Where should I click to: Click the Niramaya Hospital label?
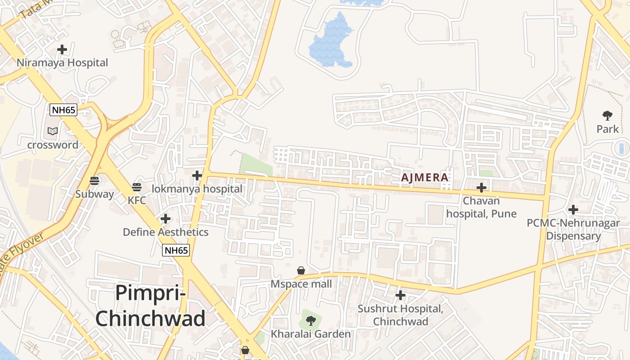click(x=63, y=63)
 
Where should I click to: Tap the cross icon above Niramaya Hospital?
click(x=62, y=49)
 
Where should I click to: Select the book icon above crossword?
click(x=53, y=131)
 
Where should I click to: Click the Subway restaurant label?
click(x=94, y=194)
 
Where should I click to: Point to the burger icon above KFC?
click(x=137, y=187)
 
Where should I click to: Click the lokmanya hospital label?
click(x=197, y=189)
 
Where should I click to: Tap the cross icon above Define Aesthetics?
click(x=166, y=219)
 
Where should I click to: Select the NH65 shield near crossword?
click(x=63, y=110)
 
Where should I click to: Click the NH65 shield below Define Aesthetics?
click(x=176, y=251)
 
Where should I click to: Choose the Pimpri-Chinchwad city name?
click(x=150, y=306)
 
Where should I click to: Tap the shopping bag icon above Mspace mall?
click(x=301, y=270)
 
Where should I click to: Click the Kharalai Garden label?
click(x=310, y=334)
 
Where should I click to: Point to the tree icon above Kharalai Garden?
click(x=310, y=321)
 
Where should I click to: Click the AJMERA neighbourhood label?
click(x=425, y=177)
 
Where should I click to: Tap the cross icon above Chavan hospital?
click(x=481, y=187)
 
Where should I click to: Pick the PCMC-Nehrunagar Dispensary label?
click(x=573, y=229)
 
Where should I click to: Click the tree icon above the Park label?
click(x=607, y=116)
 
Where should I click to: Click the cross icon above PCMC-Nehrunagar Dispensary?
click(x=573, y=209)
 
